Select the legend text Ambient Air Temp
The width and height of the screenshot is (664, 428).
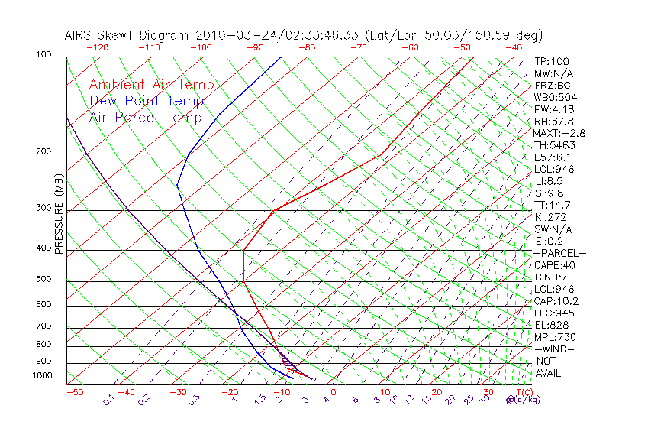pos(151,85)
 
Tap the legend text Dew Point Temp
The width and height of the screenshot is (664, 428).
pos(147,101)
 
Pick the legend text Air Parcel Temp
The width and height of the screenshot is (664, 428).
pos(145,117)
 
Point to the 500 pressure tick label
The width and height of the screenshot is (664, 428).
pos(44,280)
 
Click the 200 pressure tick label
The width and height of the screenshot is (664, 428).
pos(44,151)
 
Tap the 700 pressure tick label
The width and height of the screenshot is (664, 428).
pos(44,326)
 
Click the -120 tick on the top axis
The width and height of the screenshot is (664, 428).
pos(97,47)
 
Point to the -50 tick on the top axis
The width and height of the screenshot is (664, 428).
pos(463,47)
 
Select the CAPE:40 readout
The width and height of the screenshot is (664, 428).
pos(554,265)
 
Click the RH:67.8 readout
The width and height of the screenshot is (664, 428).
pos(554,121)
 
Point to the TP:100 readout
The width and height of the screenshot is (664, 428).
pos(551,61)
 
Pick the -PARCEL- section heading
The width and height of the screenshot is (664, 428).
pos(559,253)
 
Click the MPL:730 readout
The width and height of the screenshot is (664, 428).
pos(554,337)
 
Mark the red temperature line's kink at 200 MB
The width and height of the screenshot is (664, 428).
pos(382,154)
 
